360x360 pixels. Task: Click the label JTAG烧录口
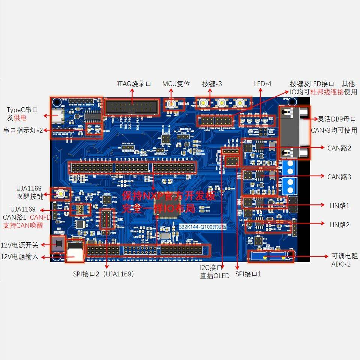134,84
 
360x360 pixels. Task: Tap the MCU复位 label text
176,84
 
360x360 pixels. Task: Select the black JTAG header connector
130,107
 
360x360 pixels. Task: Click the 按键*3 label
212,84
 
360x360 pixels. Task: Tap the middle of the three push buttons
222,102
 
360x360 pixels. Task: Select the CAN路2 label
339,148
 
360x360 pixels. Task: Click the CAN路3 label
339,177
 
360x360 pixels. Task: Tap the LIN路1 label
339,205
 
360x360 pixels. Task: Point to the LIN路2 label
339,225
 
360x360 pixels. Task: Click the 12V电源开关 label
19,245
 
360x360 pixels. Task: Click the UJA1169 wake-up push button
60,193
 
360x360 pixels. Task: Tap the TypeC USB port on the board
58,116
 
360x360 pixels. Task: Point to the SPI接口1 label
248,274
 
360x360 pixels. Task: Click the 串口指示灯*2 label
23,130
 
